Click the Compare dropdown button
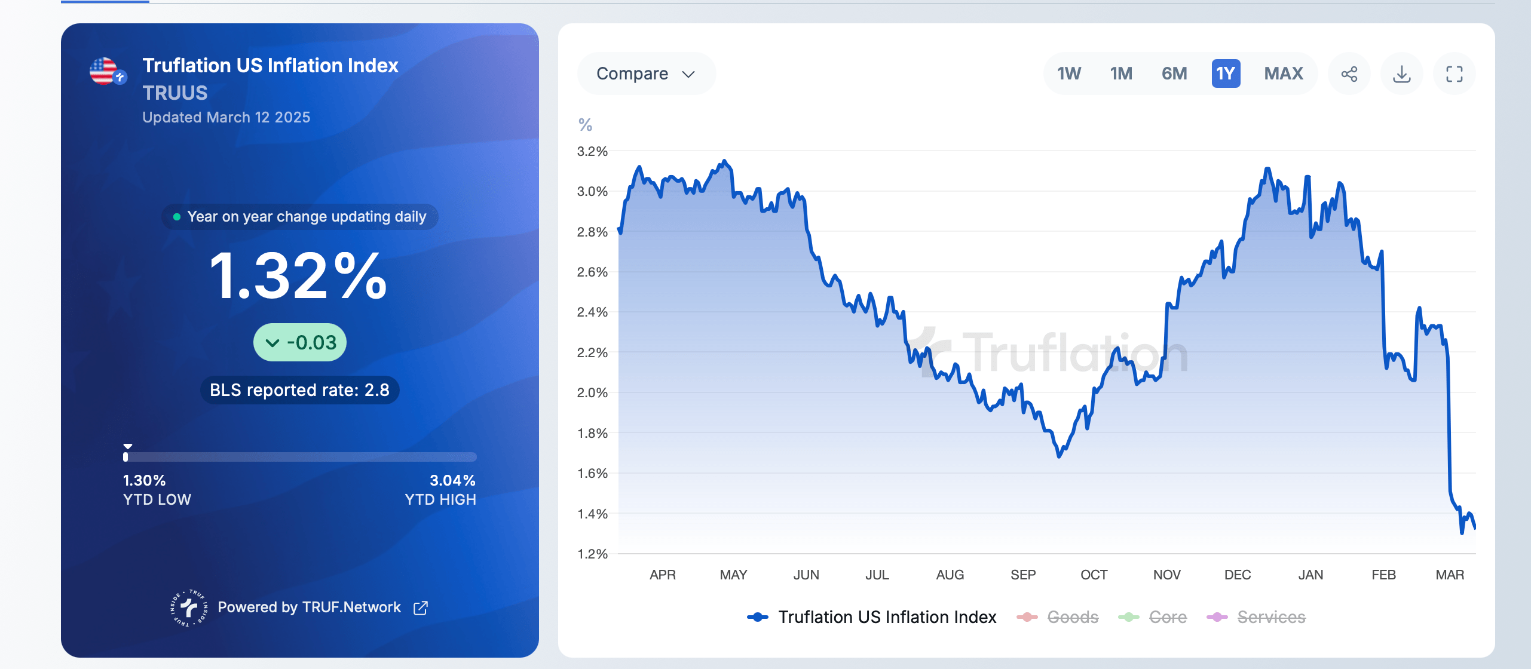coord(645,73)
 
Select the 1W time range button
coord(1068,73)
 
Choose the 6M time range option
coord(1174,73)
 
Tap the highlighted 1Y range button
coord(1226,73)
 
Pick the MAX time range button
coord(1283,73)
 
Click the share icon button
coord(1349,74)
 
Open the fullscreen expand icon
coord(1454,74)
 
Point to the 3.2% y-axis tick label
coord(592,152)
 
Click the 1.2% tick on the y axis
coord(592,554)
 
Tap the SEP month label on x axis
coord(1022,575)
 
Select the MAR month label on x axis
coord(1449,575)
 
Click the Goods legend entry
coord(1072,617)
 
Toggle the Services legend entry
coord(1270,617)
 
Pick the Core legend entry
coord(1167,617)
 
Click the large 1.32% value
coord(299,276)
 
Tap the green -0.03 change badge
coord(300,342)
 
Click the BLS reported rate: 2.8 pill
coord(299,390)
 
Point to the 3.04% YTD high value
coord(452,480)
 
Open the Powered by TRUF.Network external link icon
coord(421,607)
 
